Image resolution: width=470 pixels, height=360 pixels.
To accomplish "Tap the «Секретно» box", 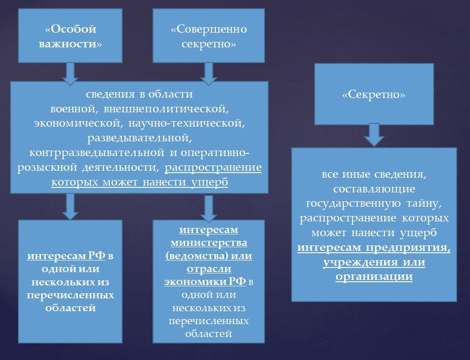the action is pyautogui.click(x=374, y=94).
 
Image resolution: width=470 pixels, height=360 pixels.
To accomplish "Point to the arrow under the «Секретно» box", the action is pyautogui.click(x=374, y=135).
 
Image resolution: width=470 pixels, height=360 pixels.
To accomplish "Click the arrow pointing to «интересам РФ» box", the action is pyautogui.click(x=70, y=206).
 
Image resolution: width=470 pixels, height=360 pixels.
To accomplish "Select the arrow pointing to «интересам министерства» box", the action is pyautogui.click(x=209, y=209).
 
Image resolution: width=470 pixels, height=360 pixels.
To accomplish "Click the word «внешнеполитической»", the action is pyautogui.click(x=167, y=110).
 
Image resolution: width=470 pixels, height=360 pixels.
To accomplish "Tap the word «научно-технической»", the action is pyautogui.click(x=203, y=123).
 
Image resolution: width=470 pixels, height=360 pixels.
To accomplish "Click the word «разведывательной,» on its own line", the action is pyautogui.click(x=139, y=137).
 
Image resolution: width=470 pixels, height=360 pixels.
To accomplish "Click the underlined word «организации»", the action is pyautogui.click(x=374, y=277).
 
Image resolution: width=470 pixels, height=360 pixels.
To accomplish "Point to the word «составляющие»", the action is pyautogui.click(x=374, y=189).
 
